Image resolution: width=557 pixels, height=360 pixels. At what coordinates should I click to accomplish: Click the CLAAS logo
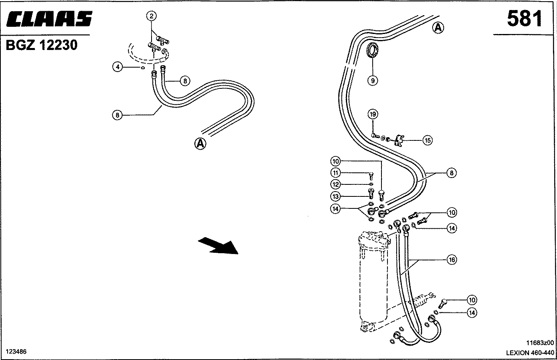(x=49, y=19)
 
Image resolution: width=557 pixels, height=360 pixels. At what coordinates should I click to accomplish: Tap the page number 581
(x=525, y=19)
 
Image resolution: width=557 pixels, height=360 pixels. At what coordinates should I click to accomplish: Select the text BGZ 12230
(x=42, y=45)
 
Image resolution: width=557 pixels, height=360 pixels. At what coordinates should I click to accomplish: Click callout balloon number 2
(x=152, y=16)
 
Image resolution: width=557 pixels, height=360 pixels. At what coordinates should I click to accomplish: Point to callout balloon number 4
(x=118, y=67)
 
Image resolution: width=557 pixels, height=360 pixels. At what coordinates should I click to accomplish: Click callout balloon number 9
(x=373, y=80)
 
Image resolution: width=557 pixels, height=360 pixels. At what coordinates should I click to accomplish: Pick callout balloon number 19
(x=373, y=114)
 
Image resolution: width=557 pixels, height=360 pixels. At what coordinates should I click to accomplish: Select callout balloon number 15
(x=427, y=140)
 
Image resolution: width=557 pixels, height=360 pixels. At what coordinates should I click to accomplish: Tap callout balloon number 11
(x=335, y=173)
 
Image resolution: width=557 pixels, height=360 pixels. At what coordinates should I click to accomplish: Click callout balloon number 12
(x=335, y=184)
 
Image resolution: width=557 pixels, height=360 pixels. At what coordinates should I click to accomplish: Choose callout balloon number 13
(x=335, y=196)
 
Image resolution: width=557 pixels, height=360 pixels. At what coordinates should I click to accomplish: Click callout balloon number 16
(x=452, y=260)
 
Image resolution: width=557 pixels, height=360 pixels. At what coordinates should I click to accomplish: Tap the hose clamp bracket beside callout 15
(x=399, y=141)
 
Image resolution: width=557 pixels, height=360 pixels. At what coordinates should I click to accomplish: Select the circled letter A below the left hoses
(x=200, y=144)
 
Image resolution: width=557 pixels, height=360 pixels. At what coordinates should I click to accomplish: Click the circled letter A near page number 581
(x=438, y=28)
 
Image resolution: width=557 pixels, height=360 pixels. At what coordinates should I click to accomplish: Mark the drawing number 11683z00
(x=540, y=342)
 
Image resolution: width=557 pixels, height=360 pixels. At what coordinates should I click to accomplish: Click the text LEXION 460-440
(x=530, y=353)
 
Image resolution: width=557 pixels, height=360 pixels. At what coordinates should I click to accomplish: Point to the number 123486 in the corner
(x=16, y=352)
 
